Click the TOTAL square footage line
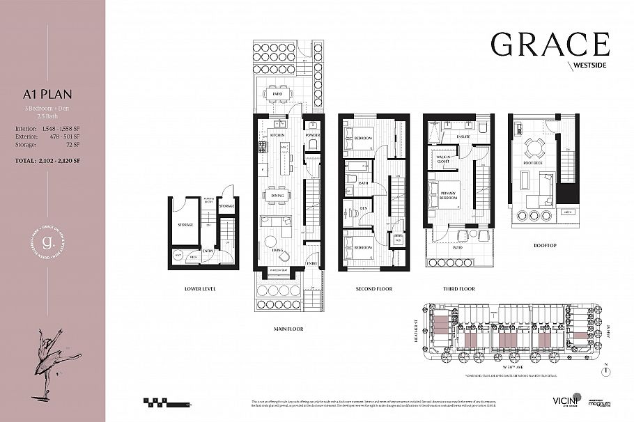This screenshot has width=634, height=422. [x=52, y=161]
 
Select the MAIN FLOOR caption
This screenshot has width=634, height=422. [x=287, y=328]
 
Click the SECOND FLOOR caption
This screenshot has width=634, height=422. [x=374, y=288]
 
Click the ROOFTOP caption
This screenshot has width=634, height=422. [x=543, y=245]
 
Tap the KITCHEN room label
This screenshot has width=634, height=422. [x=278, y=135]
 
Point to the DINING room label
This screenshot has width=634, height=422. [x=278, y=196]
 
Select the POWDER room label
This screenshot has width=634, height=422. [x=312, y=135]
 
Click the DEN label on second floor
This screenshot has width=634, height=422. [x=353, y=208]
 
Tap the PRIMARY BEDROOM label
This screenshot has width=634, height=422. [x=448, y=195]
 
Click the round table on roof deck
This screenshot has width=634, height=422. [x=534, y=147]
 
